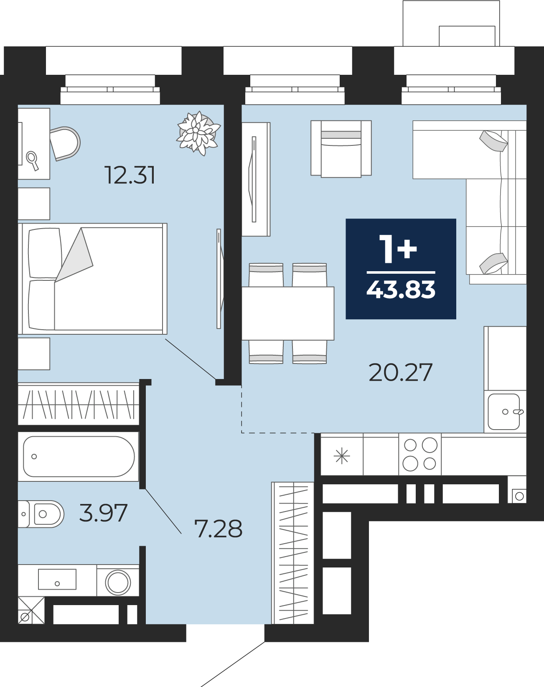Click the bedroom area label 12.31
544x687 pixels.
130,175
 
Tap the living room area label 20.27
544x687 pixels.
400,372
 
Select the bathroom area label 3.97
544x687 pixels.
103,513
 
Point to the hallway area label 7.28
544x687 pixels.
219,529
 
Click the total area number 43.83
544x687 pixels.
401,290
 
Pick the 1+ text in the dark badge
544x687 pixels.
398,249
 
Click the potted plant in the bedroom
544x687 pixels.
198,133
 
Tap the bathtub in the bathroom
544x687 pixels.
79,456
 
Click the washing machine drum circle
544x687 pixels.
118,582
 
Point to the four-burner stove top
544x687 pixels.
420,454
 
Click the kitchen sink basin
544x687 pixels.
504,412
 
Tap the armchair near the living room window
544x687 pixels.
341,149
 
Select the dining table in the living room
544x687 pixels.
288,313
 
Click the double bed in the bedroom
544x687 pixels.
93,279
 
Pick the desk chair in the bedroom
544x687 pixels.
65,143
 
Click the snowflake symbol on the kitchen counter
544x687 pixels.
342,455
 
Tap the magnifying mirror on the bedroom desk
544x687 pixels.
33,160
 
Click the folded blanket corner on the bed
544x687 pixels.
74,255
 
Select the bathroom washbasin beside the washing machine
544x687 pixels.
57,579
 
